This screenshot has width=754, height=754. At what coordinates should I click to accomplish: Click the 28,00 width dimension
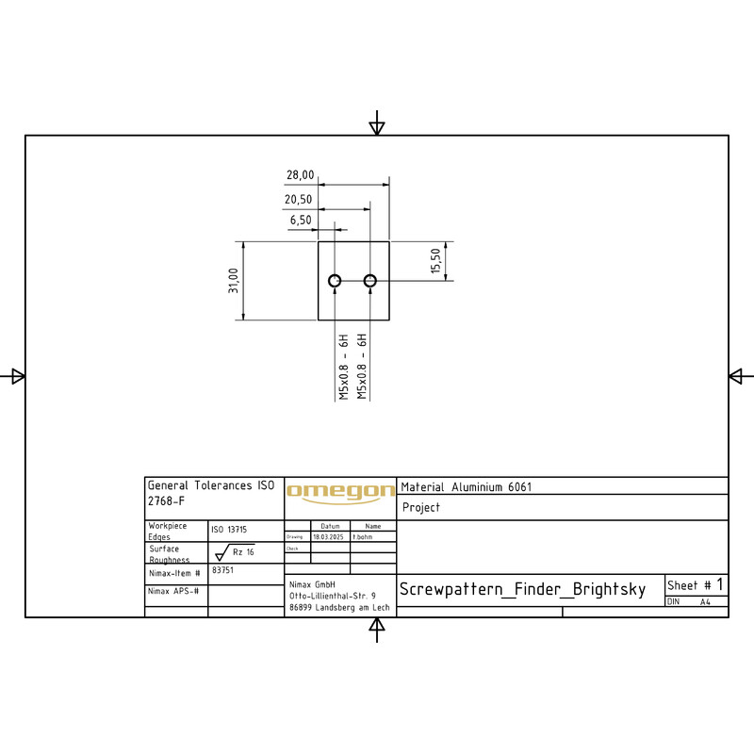tap(300, 175)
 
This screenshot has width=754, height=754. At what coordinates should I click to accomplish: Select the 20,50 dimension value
tap(298, 200)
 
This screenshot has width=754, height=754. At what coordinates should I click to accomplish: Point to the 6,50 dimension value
tap(301, 220)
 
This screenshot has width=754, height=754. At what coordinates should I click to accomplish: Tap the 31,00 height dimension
tap(234, 281)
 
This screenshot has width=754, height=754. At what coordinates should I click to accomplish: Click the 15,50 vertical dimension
tap(435, 261)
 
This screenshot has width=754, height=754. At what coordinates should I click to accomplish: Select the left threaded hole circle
tap(335, 281)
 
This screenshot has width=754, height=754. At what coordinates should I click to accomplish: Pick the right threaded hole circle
tap(370, 281)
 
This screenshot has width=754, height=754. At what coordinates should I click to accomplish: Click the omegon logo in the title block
tap(340, 491)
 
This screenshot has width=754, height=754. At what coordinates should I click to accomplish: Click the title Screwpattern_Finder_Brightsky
tap(522, 590)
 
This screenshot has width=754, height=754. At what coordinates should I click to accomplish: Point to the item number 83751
tap(222, 570)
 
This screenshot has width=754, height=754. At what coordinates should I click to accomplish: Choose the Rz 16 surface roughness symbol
tap(236, 553)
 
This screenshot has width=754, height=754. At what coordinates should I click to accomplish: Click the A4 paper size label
tap(705, 601)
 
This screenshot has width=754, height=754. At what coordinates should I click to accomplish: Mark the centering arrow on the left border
tap(15, 376)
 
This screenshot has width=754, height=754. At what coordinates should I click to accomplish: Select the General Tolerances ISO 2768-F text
tap(210, 493)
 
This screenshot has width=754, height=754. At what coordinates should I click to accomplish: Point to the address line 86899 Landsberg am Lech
tap(339, 608)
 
